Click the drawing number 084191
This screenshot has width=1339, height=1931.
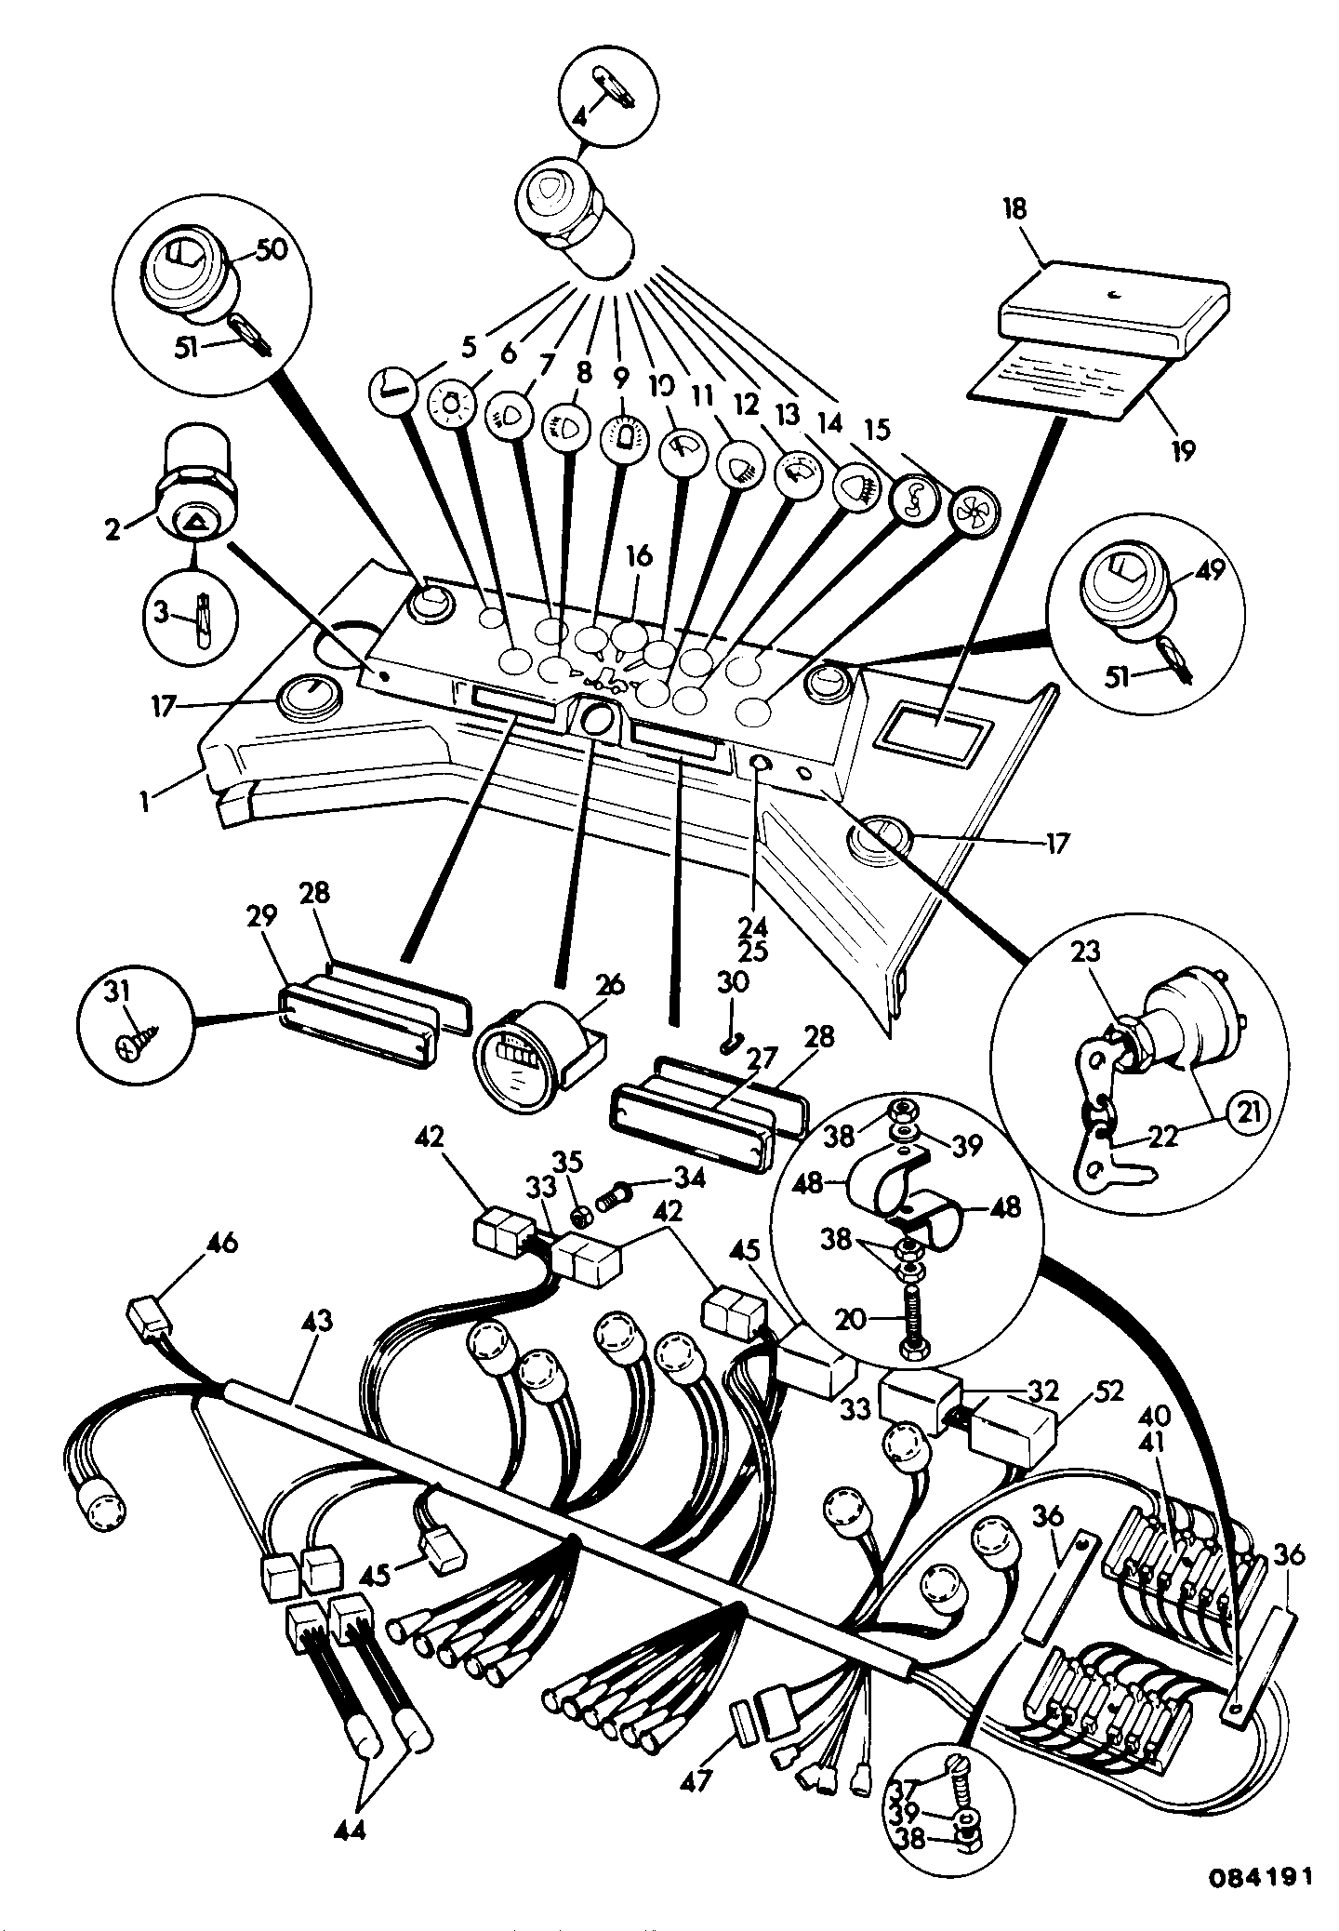click(x=1260, y=1876)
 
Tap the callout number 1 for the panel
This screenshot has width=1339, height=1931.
click(x=146, y=800)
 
